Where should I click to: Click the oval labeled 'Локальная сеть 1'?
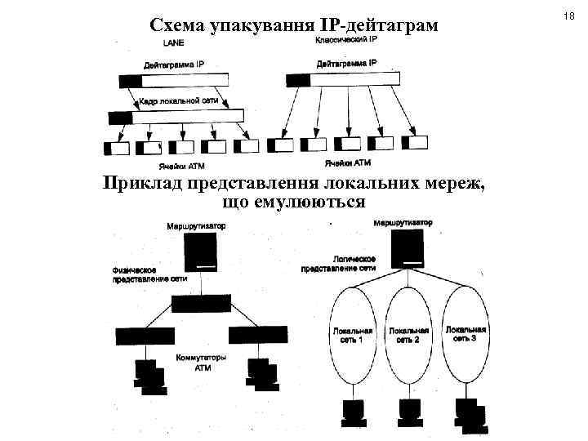pos(353,335)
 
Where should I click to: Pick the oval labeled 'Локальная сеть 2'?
pos(409,334)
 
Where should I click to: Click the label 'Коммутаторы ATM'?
pos(202,363)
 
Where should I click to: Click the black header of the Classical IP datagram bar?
pos(299,79)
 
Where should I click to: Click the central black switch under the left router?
pos(202,304)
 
